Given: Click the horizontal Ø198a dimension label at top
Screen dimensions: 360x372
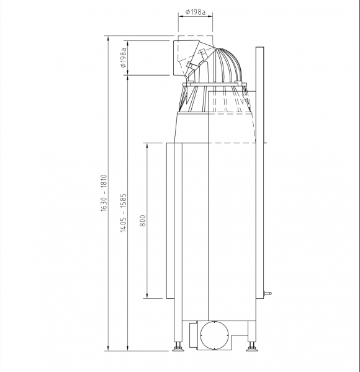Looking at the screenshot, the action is point(195,12).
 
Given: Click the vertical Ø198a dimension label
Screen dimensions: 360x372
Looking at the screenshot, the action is point(124,58).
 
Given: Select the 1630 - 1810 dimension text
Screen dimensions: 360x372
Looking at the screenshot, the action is point(104,193).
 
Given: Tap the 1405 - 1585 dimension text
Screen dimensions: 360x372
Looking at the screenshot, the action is point(124,213).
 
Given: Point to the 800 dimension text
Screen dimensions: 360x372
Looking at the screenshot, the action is point(143,221).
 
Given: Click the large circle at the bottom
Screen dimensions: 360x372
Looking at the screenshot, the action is point(214,335).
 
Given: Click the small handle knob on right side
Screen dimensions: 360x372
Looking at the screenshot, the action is point(268,293).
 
